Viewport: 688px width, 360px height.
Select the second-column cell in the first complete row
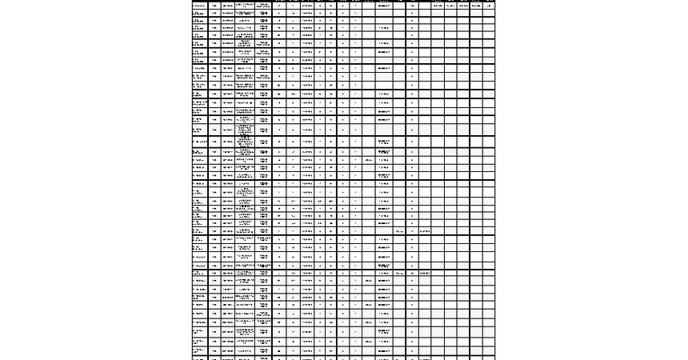[214, 6]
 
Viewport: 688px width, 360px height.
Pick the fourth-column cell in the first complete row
[246, 6]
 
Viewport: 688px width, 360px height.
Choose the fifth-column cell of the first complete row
[264, 6]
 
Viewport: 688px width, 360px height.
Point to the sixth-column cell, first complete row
[279, 6]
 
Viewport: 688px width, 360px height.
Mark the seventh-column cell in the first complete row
[294, 6]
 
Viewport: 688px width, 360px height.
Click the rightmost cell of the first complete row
[489, 6]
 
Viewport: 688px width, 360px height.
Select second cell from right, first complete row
[476, 6]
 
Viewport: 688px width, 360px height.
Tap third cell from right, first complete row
[463, 6]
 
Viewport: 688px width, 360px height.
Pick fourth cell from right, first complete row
[450, 6]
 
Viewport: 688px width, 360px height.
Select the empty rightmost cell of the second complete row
[489, 14]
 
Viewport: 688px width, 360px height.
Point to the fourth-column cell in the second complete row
[246, 14]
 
